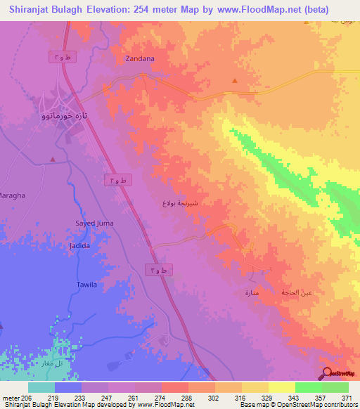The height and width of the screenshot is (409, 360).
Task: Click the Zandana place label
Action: (x=139, y=59)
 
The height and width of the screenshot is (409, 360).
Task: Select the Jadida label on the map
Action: (x=80, y=247)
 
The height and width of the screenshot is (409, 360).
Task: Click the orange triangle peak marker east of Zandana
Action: (x=234, y=80)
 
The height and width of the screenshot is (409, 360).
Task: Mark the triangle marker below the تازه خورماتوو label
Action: (x=53, y=160)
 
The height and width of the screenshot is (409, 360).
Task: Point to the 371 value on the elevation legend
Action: (x=346, y=397)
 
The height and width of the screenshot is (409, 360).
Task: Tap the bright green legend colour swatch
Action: (x=308, y=387)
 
